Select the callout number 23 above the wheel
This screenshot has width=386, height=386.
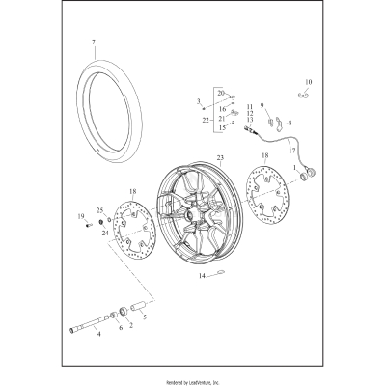220,157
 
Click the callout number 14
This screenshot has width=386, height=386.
203,277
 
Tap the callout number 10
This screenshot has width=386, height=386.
309,82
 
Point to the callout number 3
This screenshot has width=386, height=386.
198,100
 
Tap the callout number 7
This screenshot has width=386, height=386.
94,42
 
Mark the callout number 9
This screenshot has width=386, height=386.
259,106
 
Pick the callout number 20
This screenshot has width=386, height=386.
222,93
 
